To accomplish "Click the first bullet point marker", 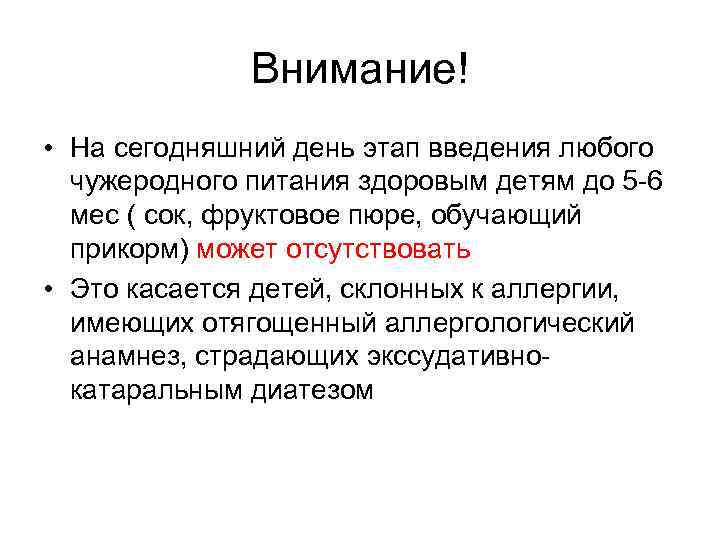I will (x=47, y=150).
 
